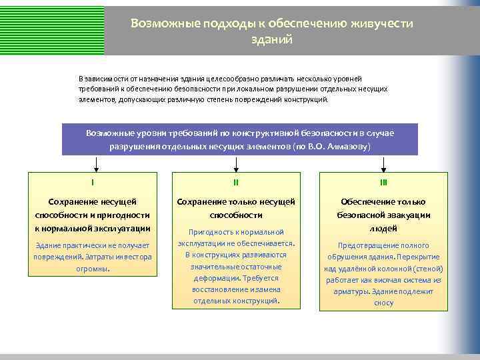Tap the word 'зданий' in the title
coord(271,39)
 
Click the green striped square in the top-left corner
coord(52,27)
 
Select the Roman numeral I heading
coord(93,181)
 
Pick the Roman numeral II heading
coord(236,181)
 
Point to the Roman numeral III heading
coord(383,181)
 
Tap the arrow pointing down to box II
coord(236,163)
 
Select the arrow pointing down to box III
coord(383,163)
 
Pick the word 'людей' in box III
coord(383,229)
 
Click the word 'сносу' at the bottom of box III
coord(383,303)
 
